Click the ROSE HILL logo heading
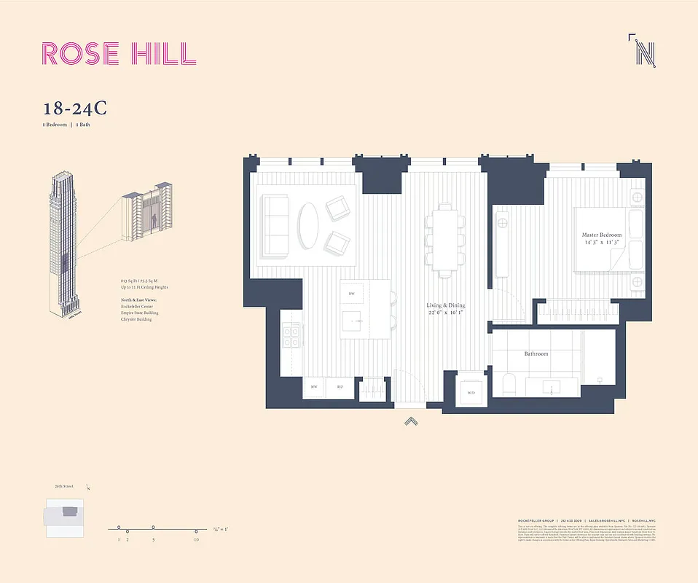click(119, 54)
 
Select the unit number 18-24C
click(75, 109)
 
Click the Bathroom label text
click(536, 354)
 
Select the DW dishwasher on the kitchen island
click(352, 294)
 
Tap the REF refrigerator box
click(340, 387)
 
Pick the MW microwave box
click(315, 387)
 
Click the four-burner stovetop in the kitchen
click(291, 336)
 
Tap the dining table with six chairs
click(444, 238)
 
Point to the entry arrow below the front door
click(412, 420)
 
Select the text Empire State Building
click(140, 313)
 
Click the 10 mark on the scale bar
click(196, 531)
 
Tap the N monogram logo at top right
click(643, 51)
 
